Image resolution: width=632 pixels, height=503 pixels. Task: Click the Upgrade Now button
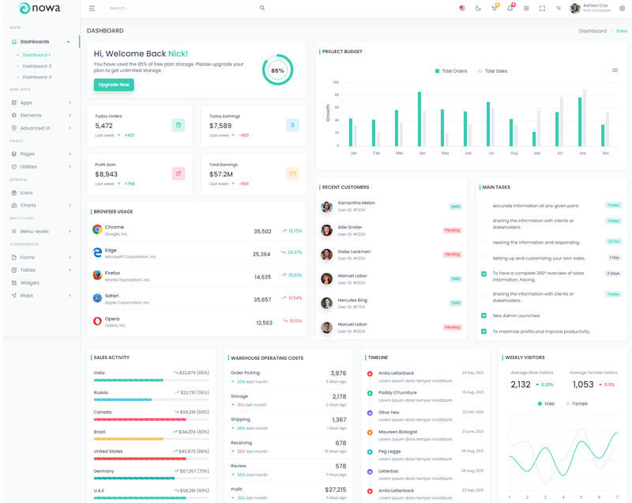tap(114, 84)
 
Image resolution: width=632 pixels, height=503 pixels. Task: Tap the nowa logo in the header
tap(39, 9)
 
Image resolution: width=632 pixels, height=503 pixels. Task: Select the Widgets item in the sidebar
tap(30, 282)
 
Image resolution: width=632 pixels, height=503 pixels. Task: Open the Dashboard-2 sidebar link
tap(36, 66)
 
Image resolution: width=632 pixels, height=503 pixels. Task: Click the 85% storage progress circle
tap(277, 70)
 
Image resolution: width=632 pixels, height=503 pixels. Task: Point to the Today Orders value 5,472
tap(104, 126)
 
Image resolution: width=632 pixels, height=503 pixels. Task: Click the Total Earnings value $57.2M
tap(221, 174)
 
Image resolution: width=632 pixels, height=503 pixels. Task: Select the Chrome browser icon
tap(97, 229)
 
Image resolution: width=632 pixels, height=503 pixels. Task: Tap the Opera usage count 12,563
tap(265, 323)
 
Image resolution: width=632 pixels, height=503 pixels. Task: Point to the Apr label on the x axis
tap(422, 153)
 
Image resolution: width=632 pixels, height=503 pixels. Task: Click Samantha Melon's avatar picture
tap(326, 206)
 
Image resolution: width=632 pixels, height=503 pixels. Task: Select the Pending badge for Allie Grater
tap(452, 230)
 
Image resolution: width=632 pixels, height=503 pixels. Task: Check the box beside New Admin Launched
tap(483, 316)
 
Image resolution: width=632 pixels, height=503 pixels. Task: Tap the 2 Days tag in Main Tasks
tap(613, 273)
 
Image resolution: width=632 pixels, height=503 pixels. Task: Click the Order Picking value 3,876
tap(337, 373)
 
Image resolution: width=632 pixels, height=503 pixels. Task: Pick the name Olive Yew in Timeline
tap(389, 412)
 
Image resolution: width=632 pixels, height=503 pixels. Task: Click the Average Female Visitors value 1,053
tap(583, 384)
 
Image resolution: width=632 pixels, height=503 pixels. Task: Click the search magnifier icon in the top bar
tap(262, 8)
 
